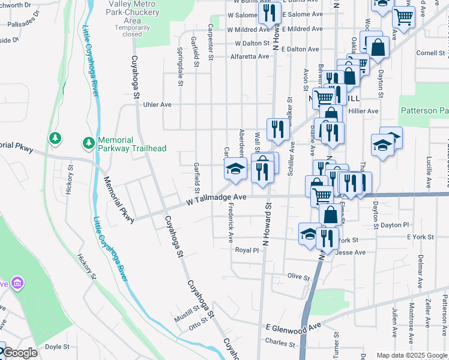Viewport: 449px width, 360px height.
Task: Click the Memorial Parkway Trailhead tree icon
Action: point(88,143)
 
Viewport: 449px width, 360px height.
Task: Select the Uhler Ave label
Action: point(157,104)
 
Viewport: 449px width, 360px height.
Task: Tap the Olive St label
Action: point(298,277)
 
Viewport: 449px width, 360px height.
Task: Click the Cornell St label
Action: point(430,53)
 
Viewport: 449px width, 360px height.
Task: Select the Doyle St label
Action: point(58,346)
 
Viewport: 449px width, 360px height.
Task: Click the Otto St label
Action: point(197,326)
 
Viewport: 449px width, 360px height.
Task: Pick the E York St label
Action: point(420,238)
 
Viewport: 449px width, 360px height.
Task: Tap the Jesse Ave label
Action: point(352,253)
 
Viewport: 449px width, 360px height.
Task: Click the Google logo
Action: point(19,353)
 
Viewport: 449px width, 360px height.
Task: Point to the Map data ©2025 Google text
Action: point(411,355)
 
